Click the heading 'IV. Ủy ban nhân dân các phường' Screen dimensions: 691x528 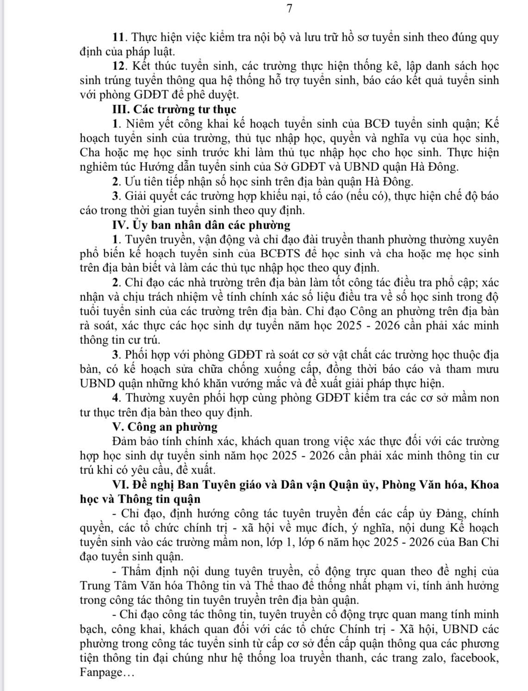click(x=201, y=225)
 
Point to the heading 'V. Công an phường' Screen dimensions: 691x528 click(x=165, y=426)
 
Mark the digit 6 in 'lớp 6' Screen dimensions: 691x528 click(x=322, y=542)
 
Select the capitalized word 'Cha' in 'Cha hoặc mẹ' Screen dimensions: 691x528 click(x=90, y=153)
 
